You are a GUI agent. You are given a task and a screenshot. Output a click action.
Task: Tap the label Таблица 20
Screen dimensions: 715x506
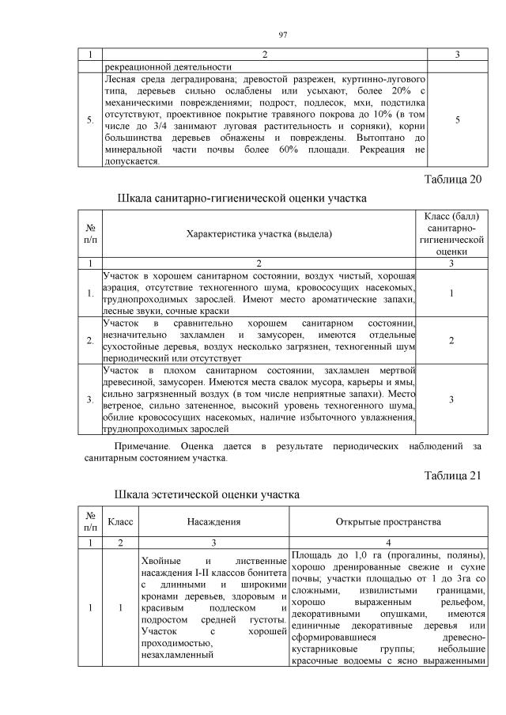point(453,179)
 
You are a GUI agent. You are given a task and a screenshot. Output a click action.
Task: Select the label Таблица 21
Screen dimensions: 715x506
point(453,475)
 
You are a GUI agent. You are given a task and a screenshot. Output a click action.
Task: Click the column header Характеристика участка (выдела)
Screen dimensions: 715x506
point(259,234)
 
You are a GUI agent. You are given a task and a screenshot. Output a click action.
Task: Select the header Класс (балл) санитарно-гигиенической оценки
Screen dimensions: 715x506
point(451,233)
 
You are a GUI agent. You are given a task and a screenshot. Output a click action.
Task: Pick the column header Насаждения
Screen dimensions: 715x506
point(213,522)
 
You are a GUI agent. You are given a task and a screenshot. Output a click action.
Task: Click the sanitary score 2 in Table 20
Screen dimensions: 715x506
point(451,340)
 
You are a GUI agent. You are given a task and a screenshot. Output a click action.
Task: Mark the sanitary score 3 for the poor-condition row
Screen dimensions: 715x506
point(451,399)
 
